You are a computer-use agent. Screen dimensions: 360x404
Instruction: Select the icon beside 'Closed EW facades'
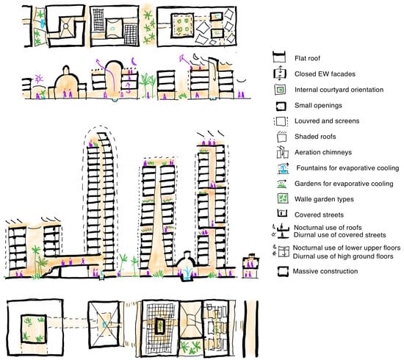pos(278,72)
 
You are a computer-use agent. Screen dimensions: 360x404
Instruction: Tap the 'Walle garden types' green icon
pos(278,198)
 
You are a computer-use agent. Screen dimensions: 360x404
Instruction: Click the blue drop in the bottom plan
pos(105,323)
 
